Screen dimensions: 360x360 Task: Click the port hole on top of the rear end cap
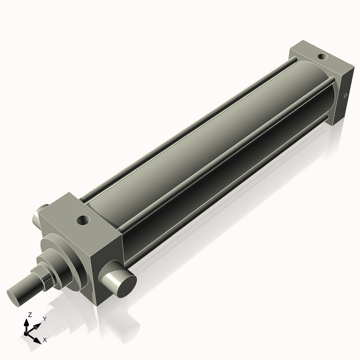[322, 58]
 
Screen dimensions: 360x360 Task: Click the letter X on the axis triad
[45, 340]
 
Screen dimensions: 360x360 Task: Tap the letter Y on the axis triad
[44, 319]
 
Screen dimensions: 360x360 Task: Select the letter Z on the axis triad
[30, 314]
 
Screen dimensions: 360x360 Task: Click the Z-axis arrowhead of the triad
[28, 322]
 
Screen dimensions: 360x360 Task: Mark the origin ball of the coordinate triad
[27, 331]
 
